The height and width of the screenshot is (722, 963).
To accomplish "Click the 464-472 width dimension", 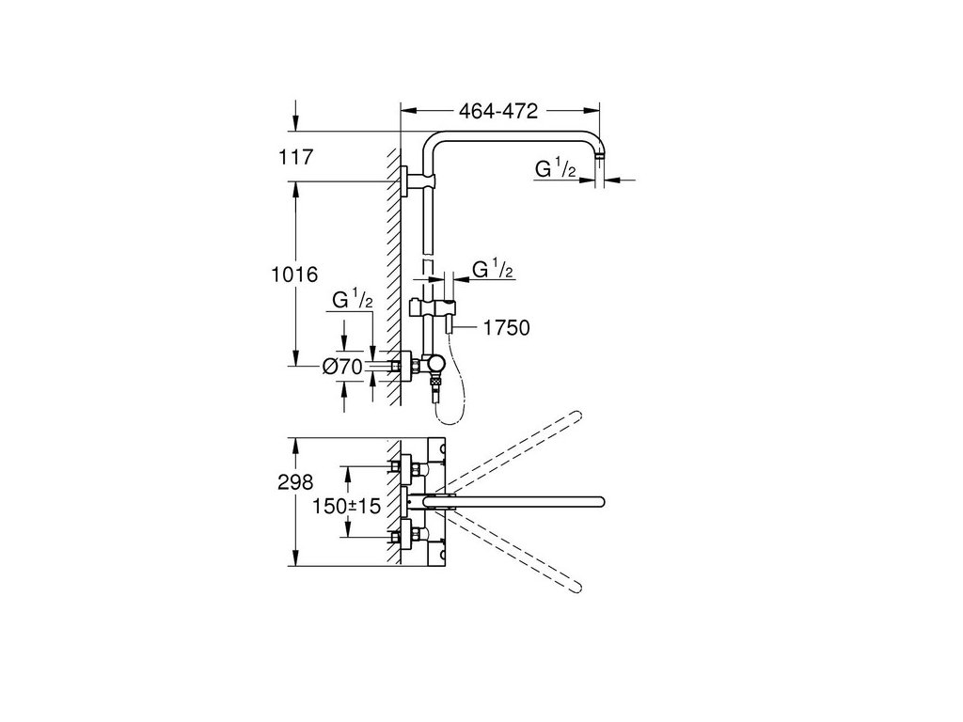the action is pos(498,112).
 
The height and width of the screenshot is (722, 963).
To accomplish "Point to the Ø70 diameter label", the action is pos(342,368).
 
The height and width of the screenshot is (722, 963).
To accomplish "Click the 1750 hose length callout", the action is pos(506,328).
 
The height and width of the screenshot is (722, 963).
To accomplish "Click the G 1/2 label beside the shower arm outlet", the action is pos(556,169).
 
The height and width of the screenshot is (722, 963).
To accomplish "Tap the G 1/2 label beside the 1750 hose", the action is pos(491,271).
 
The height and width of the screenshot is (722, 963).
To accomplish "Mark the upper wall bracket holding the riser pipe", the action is pos(406,180).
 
